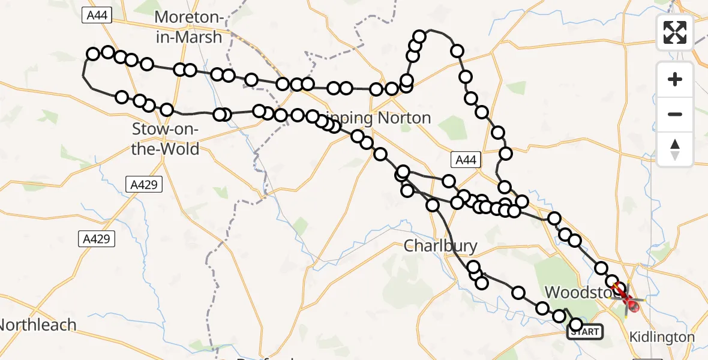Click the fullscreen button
pos(675,32)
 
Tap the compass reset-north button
pos(675,149)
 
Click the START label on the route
pos(585,332)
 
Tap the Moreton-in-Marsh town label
pos(188,27)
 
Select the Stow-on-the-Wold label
pos(165,139)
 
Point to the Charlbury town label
pos(440,245)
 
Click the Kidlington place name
pos(662,337)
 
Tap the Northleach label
pos(37,325)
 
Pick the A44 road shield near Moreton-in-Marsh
pos(97,16)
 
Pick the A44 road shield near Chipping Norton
pos(466,159)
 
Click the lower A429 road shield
pos(97,239)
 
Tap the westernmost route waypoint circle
pos(93,55)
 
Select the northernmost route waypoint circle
pos(419,37)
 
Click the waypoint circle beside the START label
pos(576,325)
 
